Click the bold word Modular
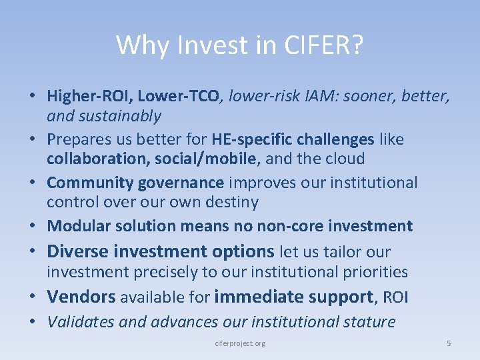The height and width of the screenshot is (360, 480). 75,226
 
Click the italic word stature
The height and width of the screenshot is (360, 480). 369,321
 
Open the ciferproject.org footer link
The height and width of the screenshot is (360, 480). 241,343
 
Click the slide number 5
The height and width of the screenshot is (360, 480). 449,343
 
